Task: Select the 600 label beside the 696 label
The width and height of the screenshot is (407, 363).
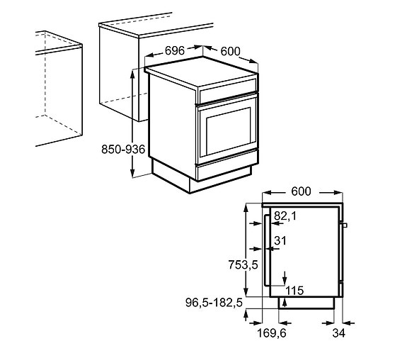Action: [230, 51]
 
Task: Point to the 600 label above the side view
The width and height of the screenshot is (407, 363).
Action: [302, 191]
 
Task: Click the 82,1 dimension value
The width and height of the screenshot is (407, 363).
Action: [285, 216]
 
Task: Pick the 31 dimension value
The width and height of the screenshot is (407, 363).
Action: [280, 241]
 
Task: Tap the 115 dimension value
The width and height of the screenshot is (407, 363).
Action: [294, 290]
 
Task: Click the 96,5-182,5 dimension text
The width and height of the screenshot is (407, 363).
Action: [212, 302]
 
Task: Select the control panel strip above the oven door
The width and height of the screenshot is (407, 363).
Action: [227, 91]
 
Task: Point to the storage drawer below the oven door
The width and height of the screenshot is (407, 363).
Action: [225, 167]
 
